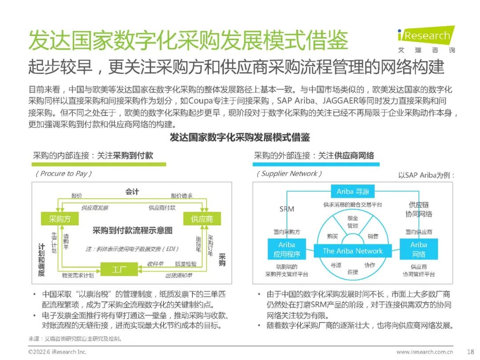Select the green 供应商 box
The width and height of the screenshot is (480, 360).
(x=202, y=219)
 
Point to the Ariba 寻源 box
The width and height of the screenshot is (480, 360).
(x=353, y=192)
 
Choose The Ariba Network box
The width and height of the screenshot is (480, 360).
(x=352, y=251)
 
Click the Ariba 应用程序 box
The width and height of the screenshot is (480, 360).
(x=287, y=250)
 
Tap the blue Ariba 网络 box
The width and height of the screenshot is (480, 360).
(x=419, y=250)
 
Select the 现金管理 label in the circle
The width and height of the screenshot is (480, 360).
(x=352, y=222)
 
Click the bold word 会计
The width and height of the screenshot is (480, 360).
(x=132, y=192)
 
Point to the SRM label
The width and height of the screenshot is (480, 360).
(x=287, y=208)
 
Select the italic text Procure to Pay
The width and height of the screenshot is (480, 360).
(x=64, y=173)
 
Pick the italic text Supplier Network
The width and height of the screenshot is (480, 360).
(x=289, y=173)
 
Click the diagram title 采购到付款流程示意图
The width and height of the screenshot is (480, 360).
(x=132, y=231)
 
